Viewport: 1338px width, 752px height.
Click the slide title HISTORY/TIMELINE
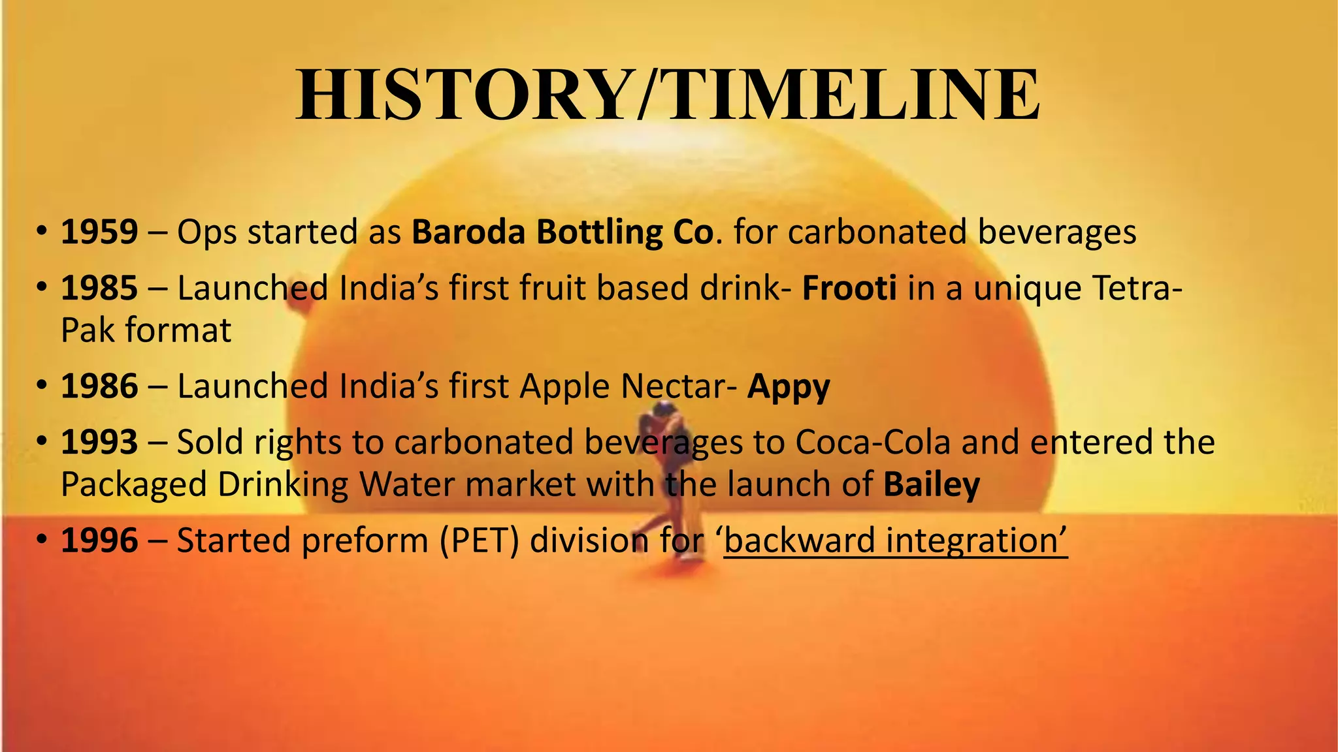668,95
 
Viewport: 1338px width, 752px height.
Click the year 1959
99,232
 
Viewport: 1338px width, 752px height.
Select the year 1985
99,288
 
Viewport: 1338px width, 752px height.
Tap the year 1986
99,386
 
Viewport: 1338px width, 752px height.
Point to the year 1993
99,442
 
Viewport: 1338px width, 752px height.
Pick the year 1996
99,540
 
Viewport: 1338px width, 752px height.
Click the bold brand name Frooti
849,288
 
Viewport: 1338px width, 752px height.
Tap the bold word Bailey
931,485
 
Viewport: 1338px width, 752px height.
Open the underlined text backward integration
895,541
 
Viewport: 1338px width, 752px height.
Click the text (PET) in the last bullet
479,541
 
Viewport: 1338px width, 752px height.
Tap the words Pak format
146,330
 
